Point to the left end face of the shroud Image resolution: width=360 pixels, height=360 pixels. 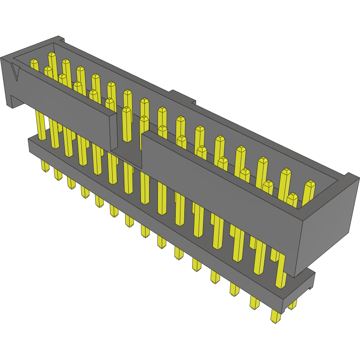point(9,83)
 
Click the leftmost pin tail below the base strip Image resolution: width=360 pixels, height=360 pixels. point(44,166)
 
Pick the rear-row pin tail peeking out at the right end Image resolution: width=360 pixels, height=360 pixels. point(293,304)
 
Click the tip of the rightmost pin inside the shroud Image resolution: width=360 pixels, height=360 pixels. point(309,184)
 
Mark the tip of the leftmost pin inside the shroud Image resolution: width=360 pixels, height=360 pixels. point(34,62)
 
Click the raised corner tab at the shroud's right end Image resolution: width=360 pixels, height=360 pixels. point(350,178)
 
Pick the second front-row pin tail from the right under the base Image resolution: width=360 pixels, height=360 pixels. point(254,303)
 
